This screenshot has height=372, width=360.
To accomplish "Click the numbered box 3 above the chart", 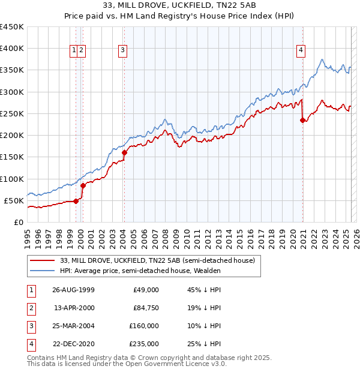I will point(122,51).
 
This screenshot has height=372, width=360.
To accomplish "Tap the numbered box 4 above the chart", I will point(299,51).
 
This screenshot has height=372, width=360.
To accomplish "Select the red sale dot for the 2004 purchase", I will point(124,152).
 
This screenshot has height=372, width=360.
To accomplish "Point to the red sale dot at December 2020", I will point(302,120).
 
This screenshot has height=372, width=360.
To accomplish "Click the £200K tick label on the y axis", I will point(11,136).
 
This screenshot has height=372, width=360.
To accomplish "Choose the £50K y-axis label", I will point(14,200).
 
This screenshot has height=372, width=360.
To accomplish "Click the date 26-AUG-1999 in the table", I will point(73,290).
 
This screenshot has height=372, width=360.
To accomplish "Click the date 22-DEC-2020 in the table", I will point(73,344).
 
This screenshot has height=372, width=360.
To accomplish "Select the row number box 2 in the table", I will point(31,308).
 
